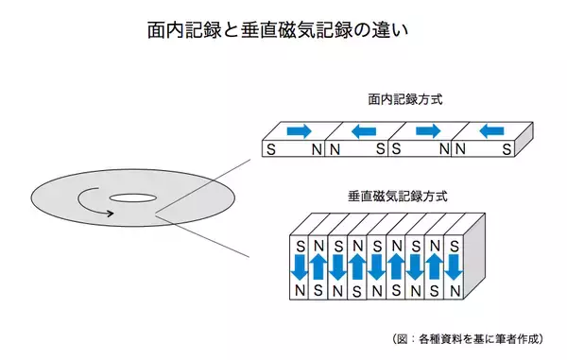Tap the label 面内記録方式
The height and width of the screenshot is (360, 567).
pos(400,98)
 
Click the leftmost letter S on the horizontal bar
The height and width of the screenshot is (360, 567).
pos(272,149)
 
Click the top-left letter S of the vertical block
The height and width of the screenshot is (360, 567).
pos(301,245)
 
